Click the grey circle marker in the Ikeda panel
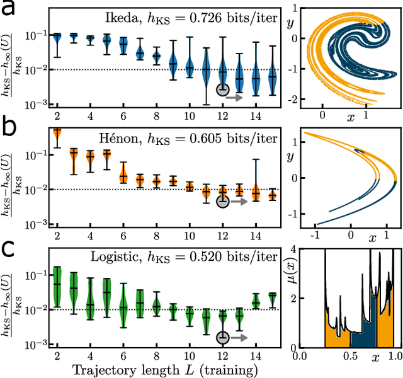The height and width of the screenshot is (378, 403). tap(222, 89)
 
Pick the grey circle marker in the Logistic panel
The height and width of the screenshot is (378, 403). tap(222, 338)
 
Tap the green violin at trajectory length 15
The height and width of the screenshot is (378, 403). tap(272, 298)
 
